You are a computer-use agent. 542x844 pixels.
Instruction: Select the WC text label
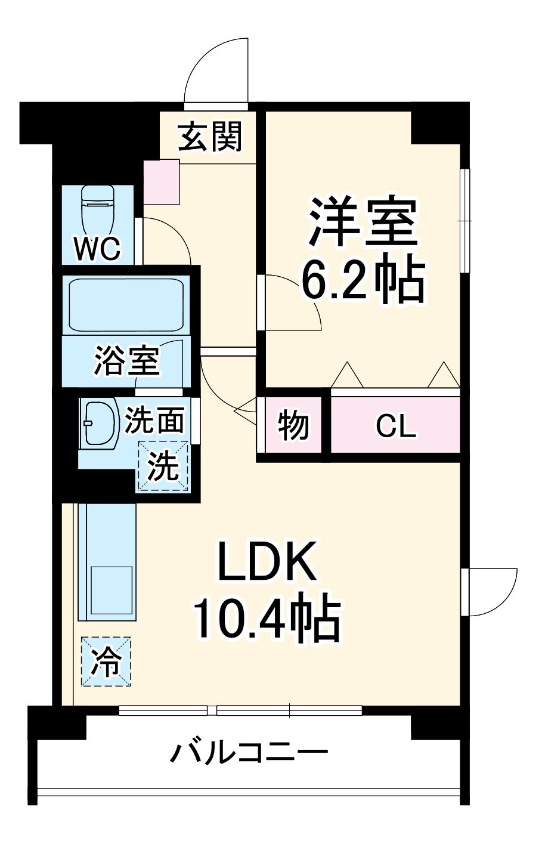click(97, 249)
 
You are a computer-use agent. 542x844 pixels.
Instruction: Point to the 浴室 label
click(126, 360)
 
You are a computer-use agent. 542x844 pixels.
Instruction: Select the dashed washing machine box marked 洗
click(163, 466)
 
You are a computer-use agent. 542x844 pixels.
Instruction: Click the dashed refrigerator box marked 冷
click(106, 661)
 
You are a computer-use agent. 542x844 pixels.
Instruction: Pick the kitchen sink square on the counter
click(111, 586)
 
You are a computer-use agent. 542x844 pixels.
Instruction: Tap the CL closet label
click(395, 426)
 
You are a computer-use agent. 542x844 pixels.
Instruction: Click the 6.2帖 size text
click(363, 281)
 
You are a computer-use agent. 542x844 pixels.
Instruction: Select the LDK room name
click(267, 562)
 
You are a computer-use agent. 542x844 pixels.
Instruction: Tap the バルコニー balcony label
click(249, 753)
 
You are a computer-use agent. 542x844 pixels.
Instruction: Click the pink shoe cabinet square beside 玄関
click(162, 181)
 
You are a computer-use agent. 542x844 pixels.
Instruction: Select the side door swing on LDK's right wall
click(490, 592)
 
